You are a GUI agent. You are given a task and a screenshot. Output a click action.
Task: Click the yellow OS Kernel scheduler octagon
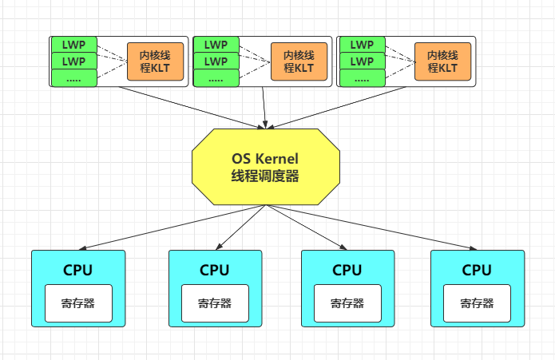tap(266, 166)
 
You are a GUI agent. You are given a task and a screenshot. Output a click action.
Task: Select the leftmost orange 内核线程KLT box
tap(155, 61)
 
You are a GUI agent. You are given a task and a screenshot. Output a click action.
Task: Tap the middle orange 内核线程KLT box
tap(299, 61)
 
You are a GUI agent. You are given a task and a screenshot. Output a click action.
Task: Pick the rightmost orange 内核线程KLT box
tap(442, 61)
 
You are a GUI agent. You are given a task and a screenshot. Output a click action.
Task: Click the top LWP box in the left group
tap(74, 44)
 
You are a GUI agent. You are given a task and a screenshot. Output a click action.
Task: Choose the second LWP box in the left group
tap(74, 61)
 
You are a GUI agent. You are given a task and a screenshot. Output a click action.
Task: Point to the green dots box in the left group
tap(74, 78)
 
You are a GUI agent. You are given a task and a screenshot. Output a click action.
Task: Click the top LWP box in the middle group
tap(216, 44)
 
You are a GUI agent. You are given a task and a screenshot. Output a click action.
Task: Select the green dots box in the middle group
tap(216, 78)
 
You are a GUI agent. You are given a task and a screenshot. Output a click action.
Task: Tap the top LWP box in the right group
tap(362, 44)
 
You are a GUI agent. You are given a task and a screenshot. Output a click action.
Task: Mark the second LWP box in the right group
tap(362, 61)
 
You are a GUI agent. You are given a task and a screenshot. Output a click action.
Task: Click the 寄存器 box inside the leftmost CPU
tap(78, 303)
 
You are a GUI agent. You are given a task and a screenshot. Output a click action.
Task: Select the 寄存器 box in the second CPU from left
tap(215, 303)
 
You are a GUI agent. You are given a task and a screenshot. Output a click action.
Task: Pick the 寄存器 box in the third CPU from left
tap(347, 303)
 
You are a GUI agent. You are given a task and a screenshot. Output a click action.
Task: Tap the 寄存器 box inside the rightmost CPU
tap(477, 303)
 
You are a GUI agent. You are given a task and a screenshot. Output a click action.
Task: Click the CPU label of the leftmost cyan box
tap(78, 270)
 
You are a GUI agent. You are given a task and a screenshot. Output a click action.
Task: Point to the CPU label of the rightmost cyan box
tap(477, 270)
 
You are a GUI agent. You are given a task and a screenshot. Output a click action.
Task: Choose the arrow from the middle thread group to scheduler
tap(264, 108)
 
